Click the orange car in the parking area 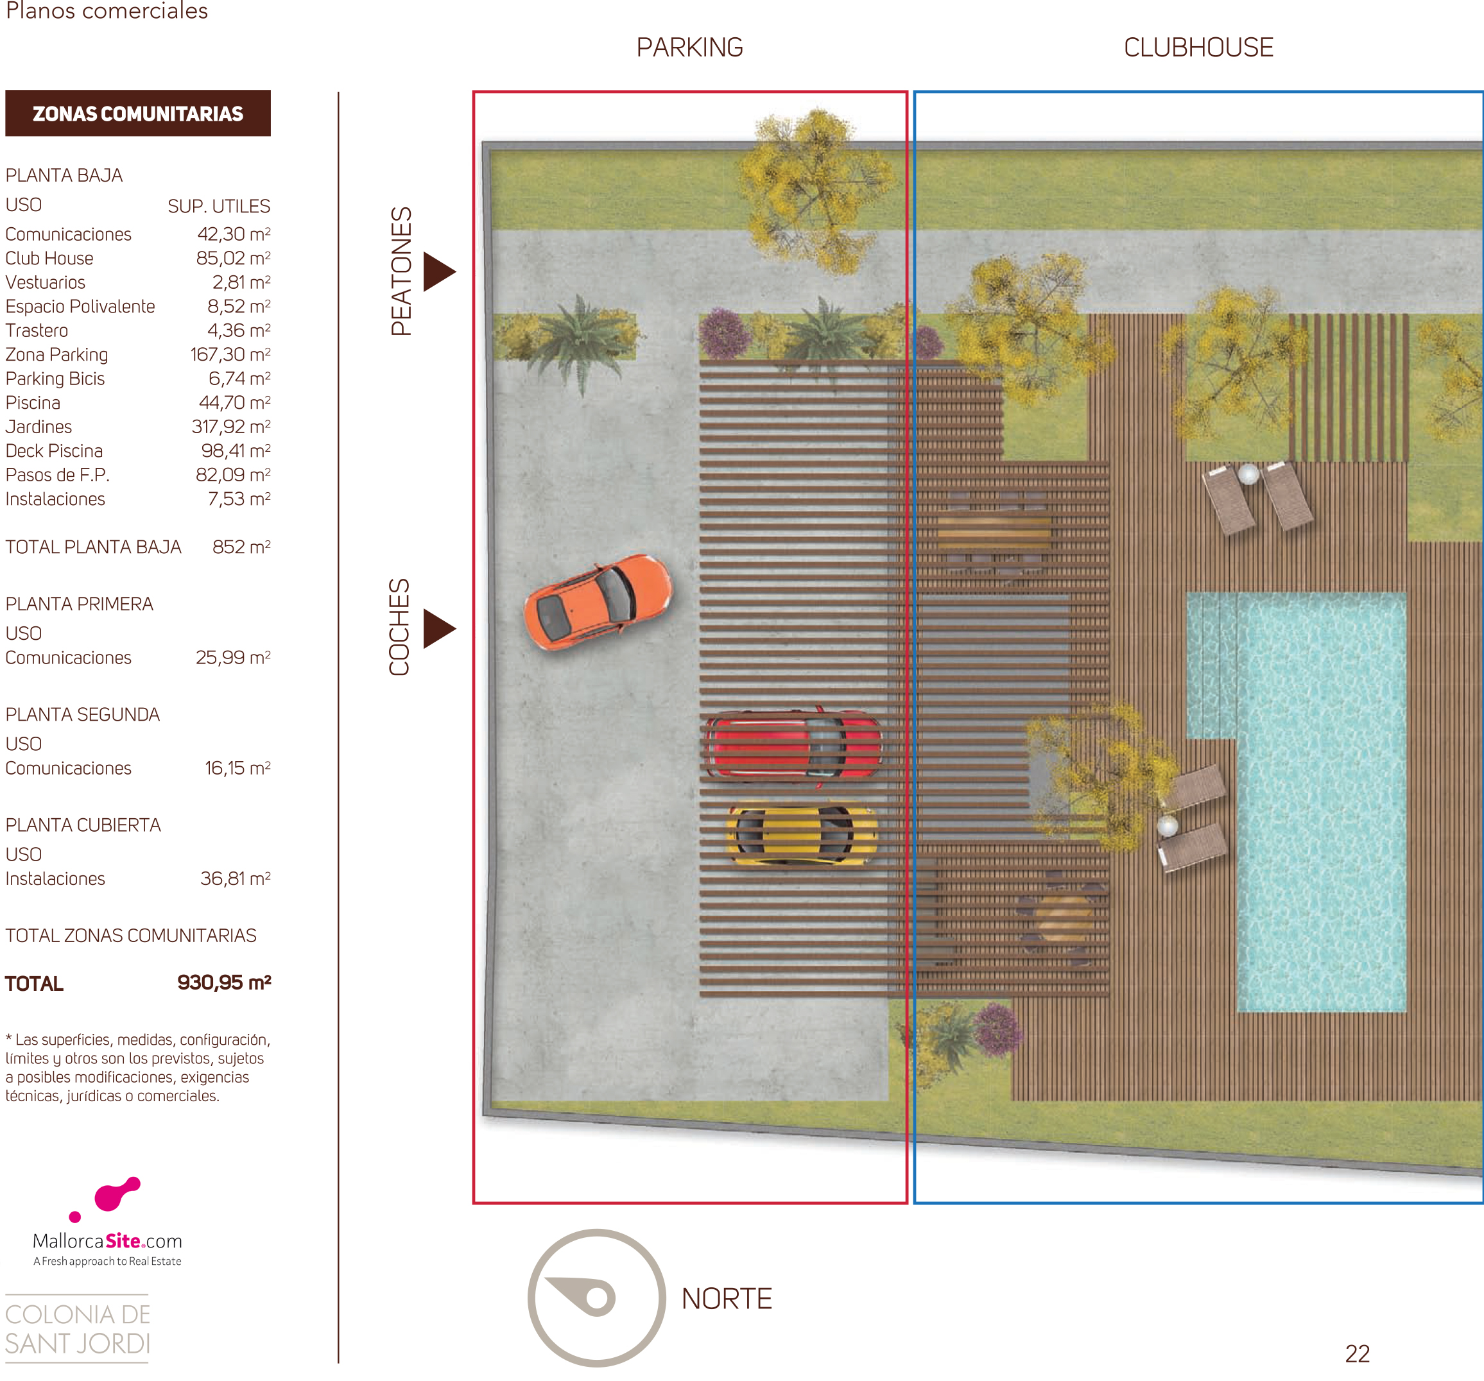598,602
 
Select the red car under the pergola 793,746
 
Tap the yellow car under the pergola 802,833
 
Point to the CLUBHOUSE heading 1198,47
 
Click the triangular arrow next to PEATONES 438,271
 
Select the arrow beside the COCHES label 438,628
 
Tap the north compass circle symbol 596,1298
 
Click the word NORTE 727,1299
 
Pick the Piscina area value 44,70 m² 234,402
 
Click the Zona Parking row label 56,355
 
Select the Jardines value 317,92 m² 230,426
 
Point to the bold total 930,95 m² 224,982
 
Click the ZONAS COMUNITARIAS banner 138,114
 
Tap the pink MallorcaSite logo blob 116,1194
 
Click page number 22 1357,1354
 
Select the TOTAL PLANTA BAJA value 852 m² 241,547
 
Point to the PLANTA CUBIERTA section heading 83,825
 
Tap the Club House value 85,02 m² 233,258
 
